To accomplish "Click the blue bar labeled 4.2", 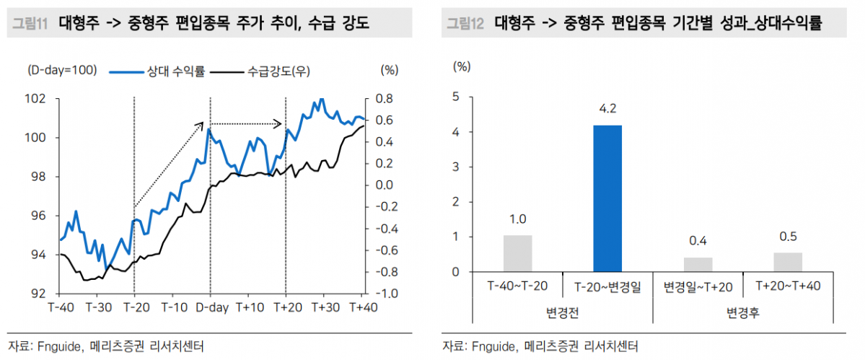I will click(x=607, y=198).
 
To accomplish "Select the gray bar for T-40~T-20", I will click(x=517, y=254).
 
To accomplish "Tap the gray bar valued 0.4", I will click(x=698, y=265).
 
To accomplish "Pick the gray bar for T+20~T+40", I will click(x=788, y=262).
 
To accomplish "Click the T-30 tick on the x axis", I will click(x=98, y=307).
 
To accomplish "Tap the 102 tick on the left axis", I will click(x=37, y=99).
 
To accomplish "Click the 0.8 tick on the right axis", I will click(x=384, y=99).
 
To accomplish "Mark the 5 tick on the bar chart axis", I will click(x=456, y=97).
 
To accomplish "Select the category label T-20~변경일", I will click(x=607, y=286).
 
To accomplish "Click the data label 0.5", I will click(x=788, y=237).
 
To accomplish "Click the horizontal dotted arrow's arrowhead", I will click(x=280, y=123).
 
